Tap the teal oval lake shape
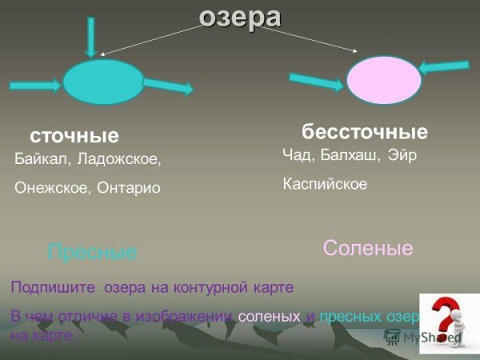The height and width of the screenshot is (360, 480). click(103, 82)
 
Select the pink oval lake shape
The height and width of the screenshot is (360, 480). click(384, 80)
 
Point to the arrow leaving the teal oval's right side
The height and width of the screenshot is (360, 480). click(168, 86)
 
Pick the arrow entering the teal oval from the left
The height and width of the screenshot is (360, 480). click(36, 82)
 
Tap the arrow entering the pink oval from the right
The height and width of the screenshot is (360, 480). click(444, 68)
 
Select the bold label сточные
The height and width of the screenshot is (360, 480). click(74, 135)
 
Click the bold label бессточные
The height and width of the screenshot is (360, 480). click(365, 131)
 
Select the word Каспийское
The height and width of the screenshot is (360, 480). click(325, 184)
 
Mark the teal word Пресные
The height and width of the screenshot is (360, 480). click(92, 253)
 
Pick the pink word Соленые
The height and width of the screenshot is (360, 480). click(368, 248)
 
